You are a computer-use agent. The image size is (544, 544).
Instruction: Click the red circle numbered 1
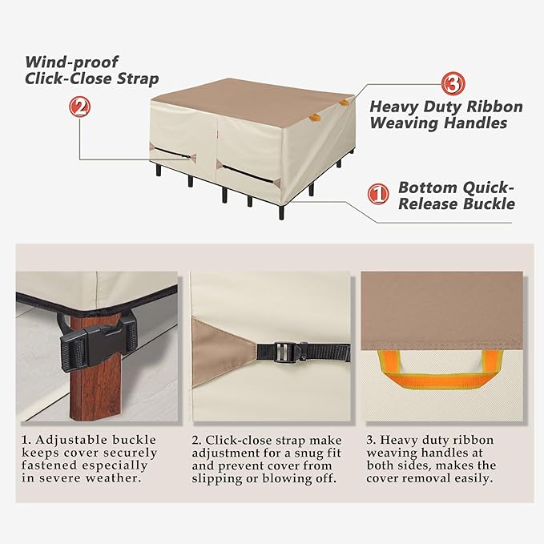[x=378, y=194]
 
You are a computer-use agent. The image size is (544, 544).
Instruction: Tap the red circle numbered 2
[x=79, y=107]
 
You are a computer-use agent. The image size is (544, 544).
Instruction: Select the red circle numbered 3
[x=453, y=83]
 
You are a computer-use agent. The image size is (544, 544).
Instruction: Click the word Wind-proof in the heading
[x=72, y=62]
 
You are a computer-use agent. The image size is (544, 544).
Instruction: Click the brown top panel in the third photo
[x=442, y=311]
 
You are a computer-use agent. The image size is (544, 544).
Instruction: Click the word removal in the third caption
[x=429, y=478]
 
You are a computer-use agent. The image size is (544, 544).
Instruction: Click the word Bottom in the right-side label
[x=428, y=187]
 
